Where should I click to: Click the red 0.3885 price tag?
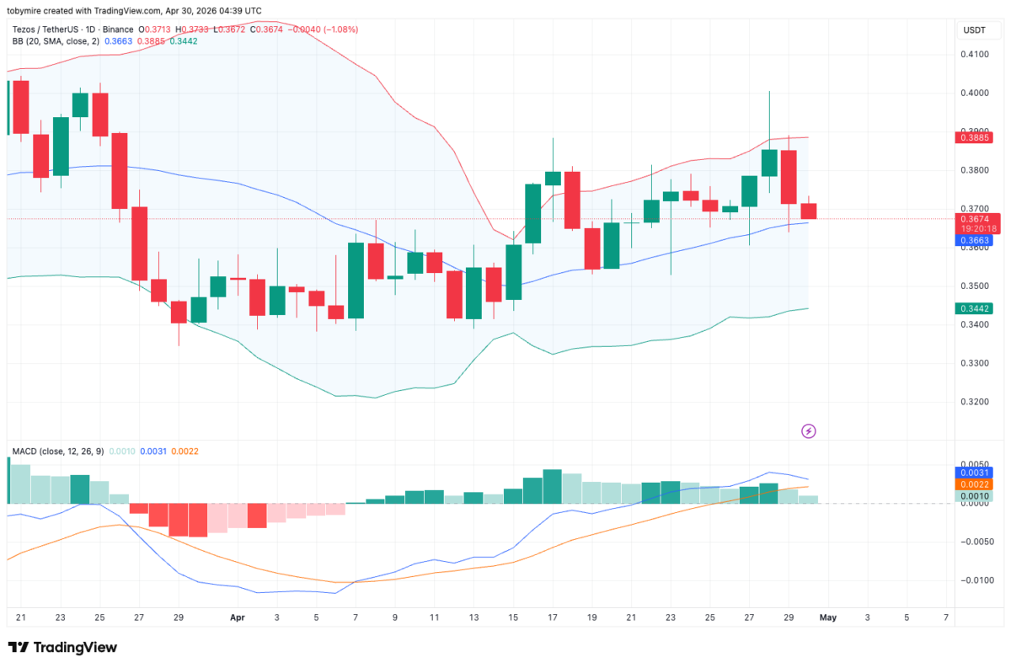pyautogui.click(x=973, y=137)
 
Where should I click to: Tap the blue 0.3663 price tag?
pyautogui.click(x=973, y=241)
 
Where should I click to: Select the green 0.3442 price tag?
pyautogui.click(x=973, y=308)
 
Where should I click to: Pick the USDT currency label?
pyautogui.click(x=975, y=30)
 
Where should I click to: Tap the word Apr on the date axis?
pyautogui.click(x=237, y=617)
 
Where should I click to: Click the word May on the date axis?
pyautogui.click(x=828, y=617)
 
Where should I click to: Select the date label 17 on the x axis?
pyautogui.click(x=553, y=617)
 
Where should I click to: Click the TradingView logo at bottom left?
pyautogui.click(x=62, y=647)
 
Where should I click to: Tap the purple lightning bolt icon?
pyautogui.click(x=809, y=431)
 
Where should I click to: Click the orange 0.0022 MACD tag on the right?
pyautogui.click(x=973, y=484)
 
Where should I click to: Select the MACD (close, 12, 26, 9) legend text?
pyautogui.click(x=58, y=452)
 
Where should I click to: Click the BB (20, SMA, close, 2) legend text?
pyautogui.click(x=56, y=40)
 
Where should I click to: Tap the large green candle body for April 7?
pyautogui.click(x=356, y=280)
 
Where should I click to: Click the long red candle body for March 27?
pyautogui.click(x=139, y=243)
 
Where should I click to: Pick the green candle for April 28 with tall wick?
pyautogui.click(x=769, y=163)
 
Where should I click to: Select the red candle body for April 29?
pyautogui.click(x=789, y=177)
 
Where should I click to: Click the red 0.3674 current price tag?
pyautogui.click(x=973, y=219)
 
